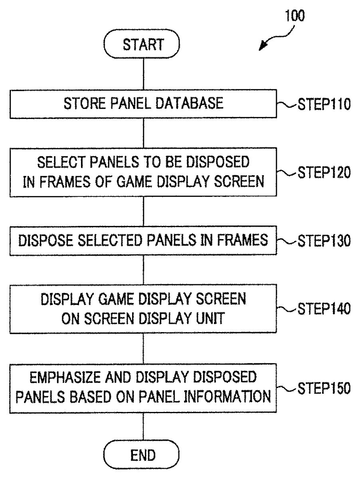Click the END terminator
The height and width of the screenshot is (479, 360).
[142, 455]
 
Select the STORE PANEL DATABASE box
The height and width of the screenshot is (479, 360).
[143, 104]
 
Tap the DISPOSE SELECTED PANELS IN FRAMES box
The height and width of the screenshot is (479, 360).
[143, 241]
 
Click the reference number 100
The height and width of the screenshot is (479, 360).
[295, 16]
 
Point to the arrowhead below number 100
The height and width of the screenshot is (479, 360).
[262, 47]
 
